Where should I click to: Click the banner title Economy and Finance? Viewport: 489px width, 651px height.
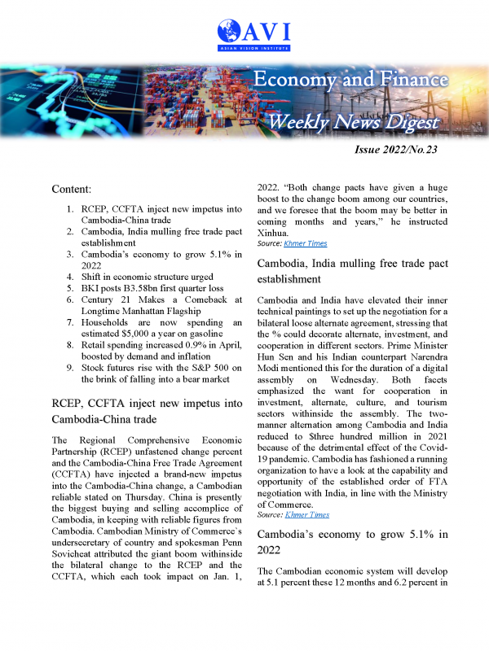(x=350, y=80)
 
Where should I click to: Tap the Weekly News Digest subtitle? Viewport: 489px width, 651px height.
(x=354, y=122)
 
